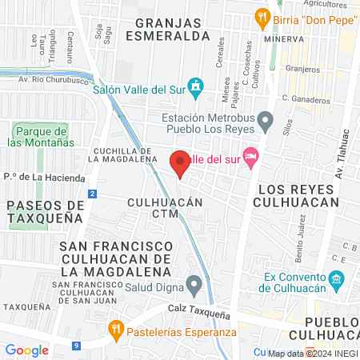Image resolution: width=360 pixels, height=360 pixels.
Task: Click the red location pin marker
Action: click(180, 162)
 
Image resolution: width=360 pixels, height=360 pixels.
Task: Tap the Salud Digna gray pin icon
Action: click(194, 283)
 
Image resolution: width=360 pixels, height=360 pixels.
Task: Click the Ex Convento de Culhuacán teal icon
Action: click(336, 280)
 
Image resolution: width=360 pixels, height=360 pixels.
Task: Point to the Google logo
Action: click(26, 350)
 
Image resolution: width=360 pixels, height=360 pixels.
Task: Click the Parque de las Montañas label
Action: click(41, 136)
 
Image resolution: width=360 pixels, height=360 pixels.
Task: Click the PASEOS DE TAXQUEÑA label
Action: click(44, 210)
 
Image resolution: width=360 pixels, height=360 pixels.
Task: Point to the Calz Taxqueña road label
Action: click(198, 308)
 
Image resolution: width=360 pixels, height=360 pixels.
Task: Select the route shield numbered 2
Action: click(93, 194)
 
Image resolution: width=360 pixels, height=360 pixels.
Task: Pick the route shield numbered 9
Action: click(75, 346)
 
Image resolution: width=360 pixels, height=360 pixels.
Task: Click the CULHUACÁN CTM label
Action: click(165, 209)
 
